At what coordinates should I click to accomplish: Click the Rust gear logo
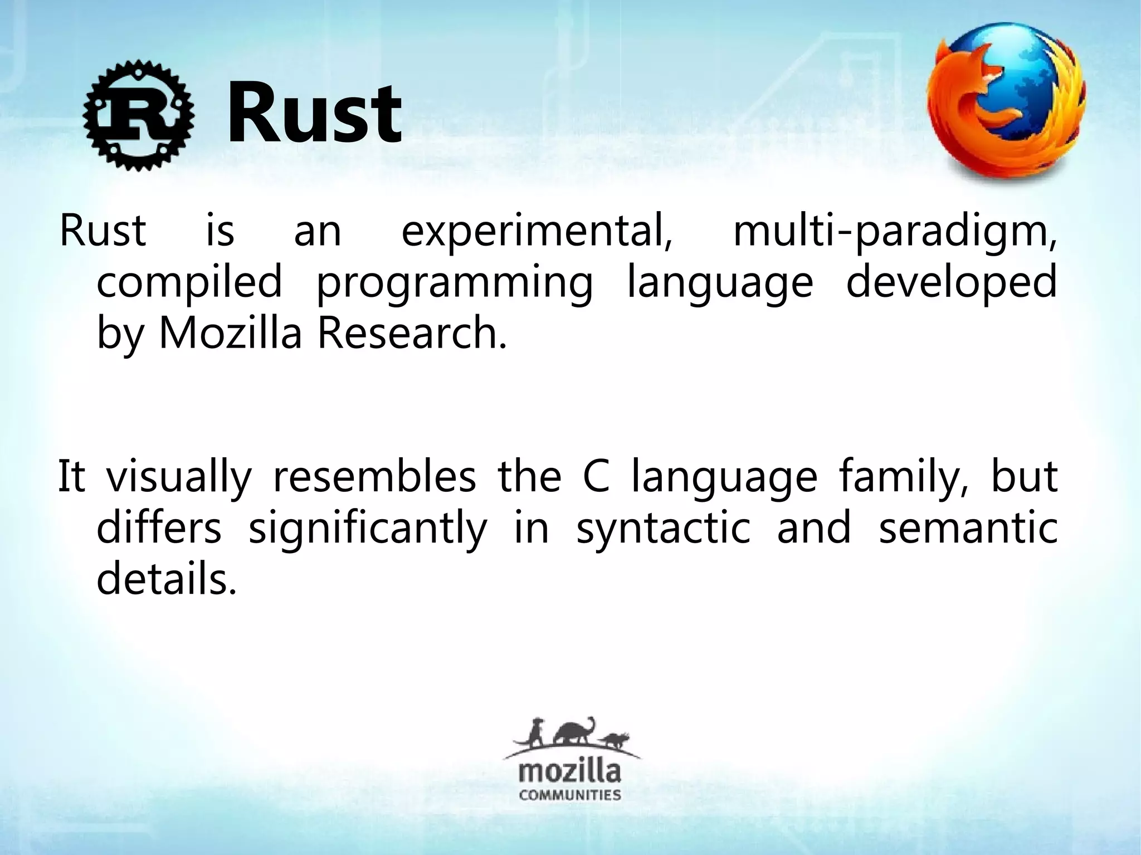tap(139, 115)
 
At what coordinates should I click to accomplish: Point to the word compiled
tap(189, 282)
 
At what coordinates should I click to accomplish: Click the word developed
tap(951, 282)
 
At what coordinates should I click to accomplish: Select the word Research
tap(412, 333)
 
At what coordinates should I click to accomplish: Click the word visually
tap(179, 478)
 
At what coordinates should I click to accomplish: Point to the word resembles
tap(374, 477)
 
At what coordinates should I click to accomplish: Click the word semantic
tap(968, 528)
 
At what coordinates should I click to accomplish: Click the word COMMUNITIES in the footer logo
tap(570, 794)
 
